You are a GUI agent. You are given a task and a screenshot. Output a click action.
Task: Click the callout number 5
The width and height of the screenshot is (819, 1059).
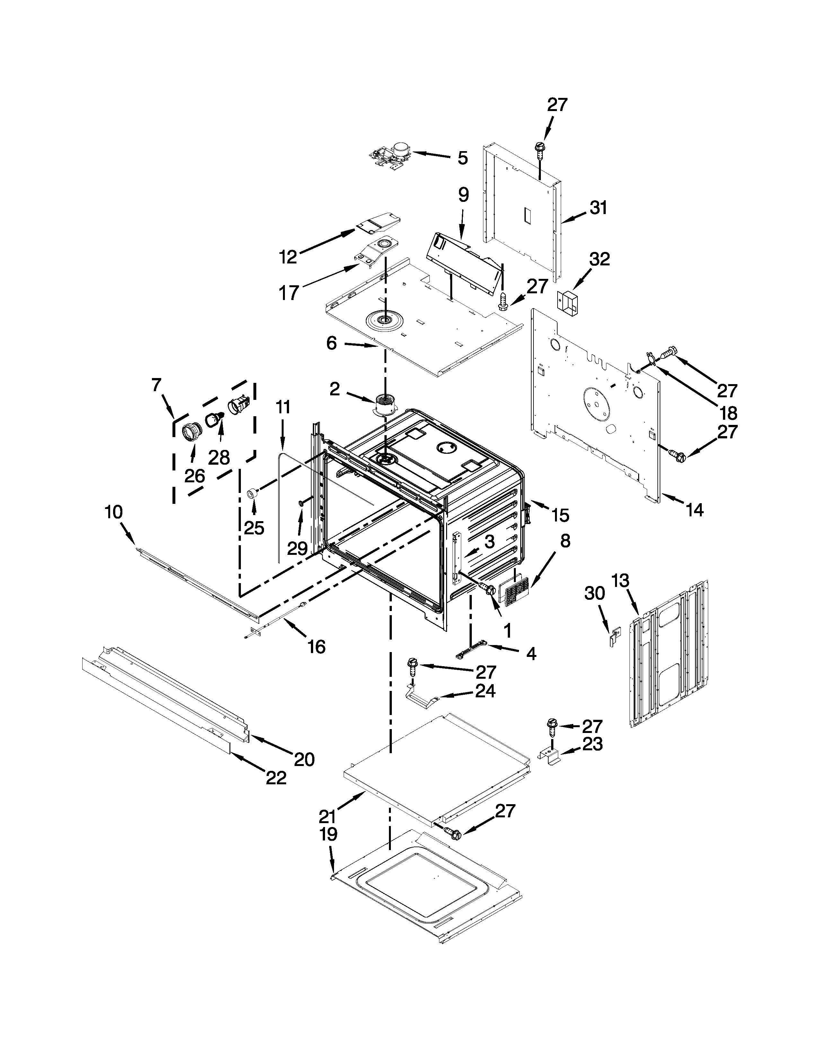coord(462,158)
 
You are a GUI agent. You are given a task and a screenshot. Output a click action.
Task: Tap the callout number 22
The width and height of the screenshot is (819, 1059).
coord(276,778)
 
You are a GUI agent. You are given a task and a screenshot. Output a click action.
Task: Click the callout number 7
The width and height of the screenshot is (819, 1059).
coord(156,385)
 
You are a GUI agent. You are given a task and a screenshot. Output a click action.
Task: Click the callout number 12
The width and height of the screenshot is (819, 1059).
coord(288,256)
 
